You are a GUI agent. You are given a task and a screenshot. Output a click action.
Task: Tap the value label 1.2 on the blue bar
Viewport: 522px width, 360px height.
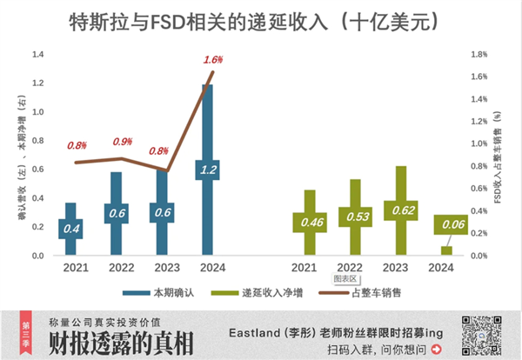[x=207, y=170]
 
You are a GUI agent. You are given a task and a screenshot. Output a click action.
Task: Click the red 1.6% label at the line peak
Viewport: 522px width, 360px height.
[x=213, y=60]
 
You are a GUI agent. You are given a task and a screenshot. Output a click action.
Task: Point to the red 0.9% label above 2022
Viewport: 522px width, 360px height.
[x=123, y=142]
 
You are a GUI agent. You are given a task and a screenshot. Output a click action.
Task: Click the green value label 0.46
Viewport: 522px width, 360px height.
[x=310, y=222]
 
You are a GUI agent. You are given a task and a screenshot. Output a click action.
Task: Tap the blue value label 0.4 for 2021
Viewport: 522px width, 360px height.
[x=71, y=228]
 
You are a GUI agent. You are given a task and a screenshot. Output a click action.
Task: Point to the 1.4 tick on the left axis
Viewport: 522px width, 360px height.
[x=37, y=83]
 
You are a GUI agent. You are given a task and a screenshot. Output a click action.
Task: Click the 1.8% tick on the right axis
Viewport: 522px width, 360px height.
[x=481, y=54]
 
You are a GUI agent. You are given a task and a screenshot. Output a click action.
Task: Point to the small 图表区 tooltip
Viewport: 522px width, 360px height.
[x=345, y=280]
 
